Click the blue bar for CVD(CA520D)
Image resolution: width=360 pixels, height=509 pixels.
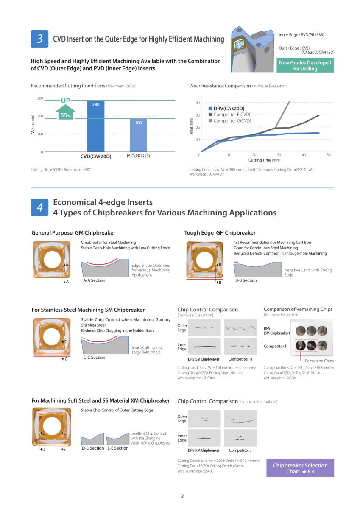click(x=95, y=126)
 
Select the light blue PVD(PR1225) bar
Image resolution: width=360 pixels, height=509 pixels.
click(x=138, y=135)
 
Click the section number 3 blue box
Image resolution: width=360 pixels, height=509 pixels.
click(x=39, y=39)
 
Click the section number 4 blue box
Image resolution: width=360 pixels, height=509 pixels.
click(x=39, y=207)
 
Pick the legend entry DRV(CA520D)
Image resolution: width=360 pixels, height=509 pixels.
click(x=229, y=109)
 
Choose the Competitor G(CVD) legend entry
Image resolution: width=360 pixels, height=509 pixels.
click(x=232, y=121)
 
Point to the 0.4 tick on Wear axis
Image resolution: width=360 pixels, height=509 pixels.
click(x=197, y=103)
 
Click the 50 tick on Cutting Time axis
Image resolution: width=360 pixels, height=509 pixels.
click(x=329, y=155)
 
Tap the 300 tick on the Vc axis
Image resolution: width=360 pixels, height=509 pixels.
click(x=40, y=99)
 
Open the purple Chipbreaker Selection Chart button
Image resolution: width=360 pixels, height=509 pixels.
click(x=300, y=468)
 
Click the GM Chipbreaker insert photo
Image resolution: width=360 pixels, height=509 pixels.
click(x=52, y=259)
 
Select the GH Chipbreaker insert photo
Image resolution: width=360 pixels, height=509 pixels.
click(x=204, y=259)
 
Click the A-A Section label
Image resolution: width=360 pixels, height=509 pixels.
click(x=94, y=280)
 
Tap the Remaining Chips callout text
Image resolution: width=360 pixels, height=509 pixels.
click(x=320, y=361)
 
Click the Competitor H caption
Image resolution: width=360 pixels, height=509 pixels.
click(x=240, y=359)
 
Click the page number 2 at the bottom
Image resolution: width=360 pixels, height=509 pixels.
click(x=182, y=496)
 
